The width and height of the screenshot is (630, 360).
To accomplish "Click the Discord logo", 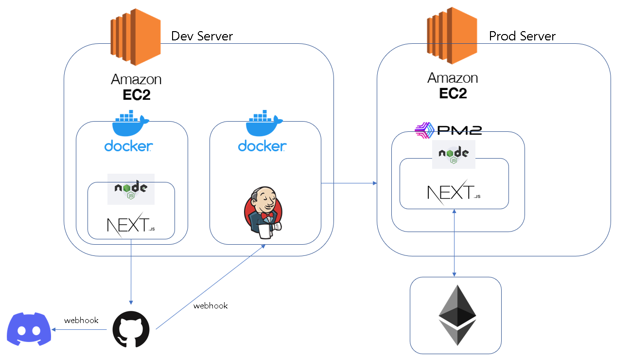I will click(29, 329).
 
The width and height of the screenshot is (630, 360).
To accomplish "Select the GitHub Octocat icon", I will click(131, 329).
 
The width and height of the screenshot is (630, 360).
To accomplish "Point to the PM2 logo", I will click(448, 129).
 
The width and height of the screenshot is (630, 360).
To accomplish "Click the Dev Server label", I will click(202, 36).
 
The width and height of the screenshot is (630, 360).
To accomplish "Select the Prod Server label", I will click(522, 36).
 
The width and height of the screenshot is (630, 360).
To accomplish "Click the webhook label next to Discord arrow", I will click(81, 320).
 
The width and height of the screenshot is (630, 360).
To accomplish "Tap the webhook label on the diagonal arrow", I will click(210, 306).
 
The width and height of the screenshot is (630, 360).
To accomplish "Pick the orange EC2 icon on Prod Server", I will click(452, 36).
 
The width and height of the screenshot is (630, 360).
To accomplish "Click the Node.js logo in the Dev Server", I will click(131, 189).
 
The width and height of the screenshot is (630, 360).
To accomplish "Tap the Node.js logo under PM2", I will click(453, 154).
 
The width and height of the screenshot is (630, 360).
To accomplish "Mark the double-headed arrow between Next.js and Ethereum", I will click(454, 243).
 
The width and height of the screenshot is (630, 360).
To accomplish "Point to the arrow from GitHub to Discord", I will click(80, 329).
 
